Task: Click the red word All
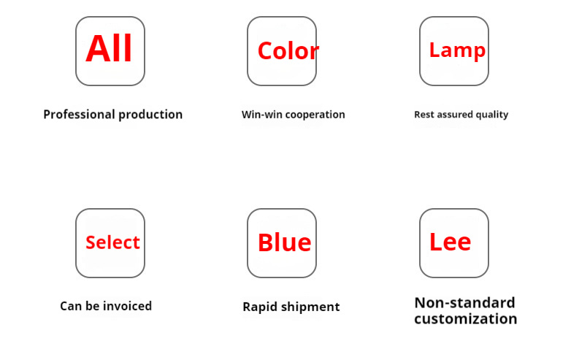click(x=109, y=48)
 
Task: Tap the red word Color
click(x=288, y=50)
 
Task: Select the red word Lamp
click(x=457, y=50)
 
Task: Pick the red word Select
click(x=112, y=242)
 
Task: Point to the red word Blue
click(x=285, y=242)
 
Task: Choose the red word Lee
click(x=450, y=242)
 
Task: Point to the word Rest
click(x=424, y=115)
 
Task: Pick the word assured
click(x=455, y=115)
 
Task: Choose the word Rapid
click(x=261, y=307)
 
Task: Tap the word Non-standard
click(x=464, y=302)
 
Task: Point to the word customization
click(x=466, y=319)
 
